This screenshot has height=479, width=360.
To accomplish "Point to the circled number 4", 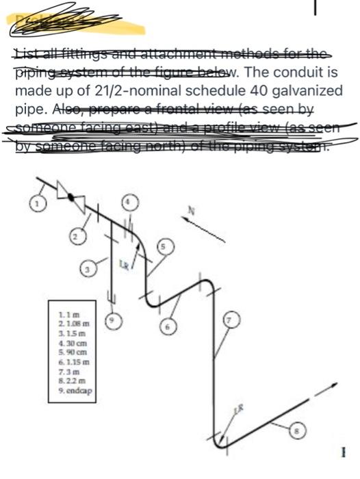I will click(x=129, y=202).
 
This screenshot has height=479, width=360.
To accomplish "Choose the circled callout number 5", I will click(x=164, y=247).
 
